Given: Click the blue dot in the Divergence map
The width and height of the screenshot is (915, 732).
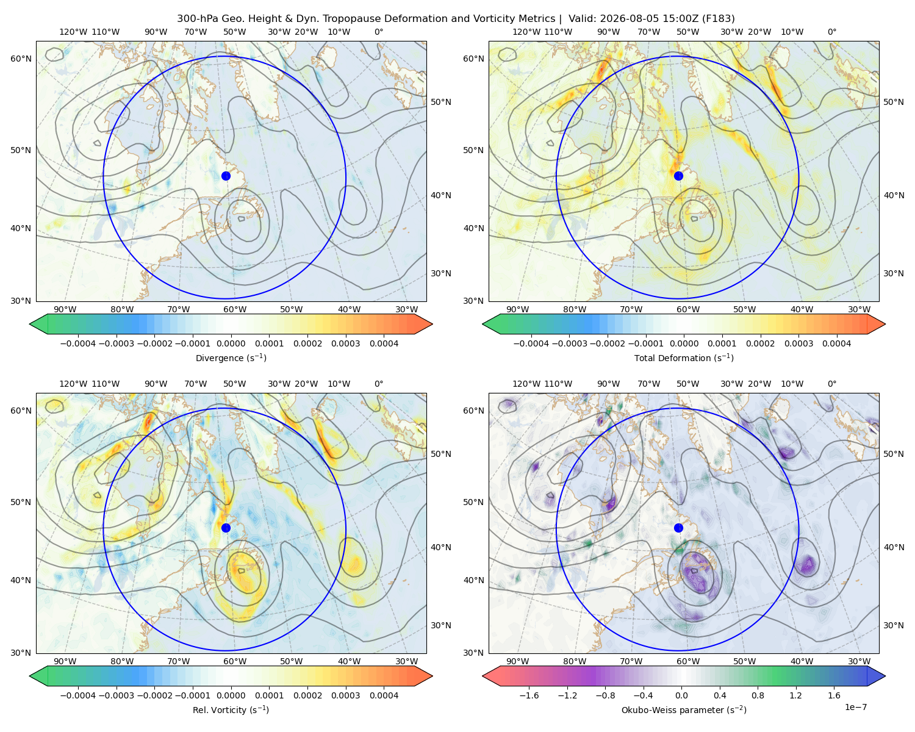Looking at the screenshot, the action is pyautogui.click(x=226, y=176).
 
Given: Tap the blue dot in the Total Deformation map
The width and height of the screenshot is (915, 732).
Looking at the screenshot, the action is pyautogui.click(x=678, y=176).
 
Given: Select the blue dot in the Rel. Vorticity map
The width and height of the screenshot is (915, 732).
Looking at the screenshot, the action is pyautogui.click(x=226, y=528).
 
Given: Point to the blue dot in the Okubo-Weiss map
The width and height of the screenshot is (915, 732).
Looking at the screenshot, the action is pyautogui.click(x=678, y=528).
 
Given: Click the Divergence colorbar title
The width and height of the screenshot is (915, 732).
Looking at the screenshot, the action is pyautogui.click(x=231, y=358).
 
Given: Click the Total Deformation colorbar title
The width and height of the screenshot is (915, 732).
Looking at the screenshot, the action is pyautogui.click(x=684, y=358).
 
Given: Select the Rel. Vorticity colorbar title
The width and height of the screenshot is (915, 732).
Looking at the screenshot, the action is pyautogui.click(x=231, y=710).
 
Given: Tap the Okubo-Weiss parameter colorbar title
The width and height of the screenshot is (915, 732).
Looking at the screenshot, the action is pyautogui.click(x=684, y=710).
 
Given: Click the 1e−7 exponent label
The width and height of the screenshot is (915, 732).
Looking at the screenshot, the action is pyautogui.click(x=855, y=708).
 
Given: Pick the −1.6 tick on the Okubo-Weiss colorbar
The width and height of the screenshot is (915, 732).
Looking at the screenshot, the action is pyautogui.click(x=529, y=695).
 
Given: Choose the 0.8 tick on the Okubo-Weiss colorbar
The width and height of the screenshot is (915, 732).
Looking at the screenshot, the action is pyautogui.click(x=758, y=695).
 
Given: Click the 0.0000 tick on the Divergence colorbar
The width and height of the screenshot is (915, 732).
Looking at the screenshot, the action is pyautogui.click(x=231, y=343).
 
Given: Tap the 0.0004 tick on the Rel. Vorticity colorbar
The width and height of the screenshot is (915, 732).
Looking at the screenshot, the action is pyautogui.click(x=384, y=695).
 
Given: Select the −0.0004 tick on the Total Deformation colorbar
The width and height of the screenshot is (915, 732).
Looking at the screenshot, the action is pyautogui.click(x=531, y=343).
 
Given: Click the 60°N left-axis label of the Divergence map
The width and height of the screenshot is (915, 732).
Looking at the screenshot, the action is pyautogui.click(x=21, y=59).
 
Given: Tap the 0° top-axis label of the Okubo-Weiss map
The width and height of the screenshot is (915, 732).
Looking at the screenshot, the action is pyautogui.click(x=831, y=384).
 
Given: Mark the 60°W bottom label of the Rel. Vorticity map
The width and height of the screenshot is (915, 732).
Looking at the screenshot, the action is pyautogui.click(x=235, y=661).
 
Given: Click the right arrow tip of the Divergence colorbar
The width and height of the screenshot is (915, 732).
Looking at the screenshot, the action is pyautogui.click(x=432, y=324).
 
